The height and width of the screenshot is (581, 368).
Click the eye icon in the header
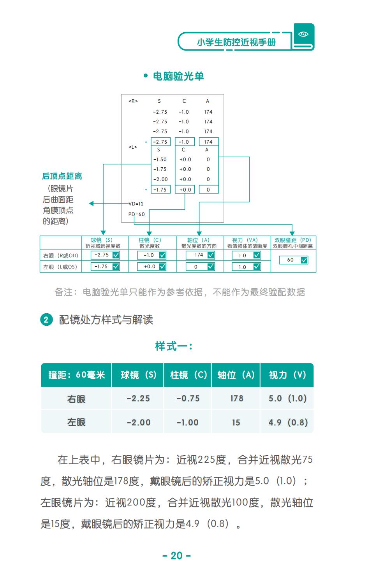[303, 34]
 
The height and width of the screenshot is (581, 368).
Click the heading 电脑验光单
[179, 76]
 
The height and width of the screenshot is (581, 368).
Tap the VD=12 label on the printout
[136, 204]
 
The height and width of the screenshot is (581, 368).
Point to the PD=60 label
[137, 214]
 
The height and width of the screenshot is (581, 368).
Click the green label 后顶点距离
[62, 176]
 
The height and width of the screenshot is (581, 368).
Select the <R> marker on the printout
[133, 101]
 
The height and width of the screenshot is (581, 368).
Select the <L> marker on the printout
[133, 147]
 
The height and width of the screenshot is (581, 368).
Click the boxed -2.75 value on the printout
[161, 142]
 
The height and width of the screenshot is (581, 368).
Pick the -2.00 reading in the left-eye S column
[160, 179]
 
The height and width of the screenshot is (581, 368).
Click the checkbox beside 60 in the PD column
[304, 260]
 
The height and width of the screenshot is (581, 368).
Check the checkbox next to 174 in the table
[211, 255]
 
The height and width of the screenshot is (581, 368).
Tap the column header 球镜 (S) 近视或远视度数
[103, 243]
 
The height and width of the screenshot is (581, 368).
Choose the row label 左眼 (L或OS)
[60, 267]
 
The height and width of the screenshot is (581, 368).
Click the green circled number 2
[46, 319]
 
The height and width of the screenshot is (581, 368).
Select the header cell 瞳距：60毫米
[76, 375]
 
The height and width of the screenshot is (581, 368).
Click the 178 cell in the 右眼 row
[237, 398]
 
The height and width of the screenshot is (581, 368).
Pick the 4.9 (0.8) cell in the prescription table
[288, 422]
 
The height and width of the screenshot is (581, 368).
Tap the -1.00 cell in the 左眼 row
[187, 423]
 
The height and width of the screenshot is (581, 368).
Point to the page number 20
[176, 556]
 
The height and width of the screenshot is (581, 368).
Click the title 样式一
[174, 346]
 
